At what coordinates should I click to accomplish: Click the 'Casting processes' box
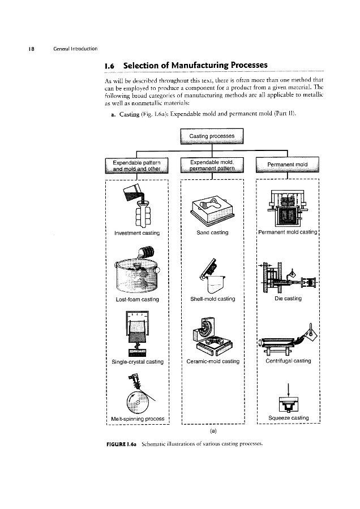click(x=211, y=138)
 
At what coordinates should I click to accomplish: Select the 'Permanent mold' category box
click(x=288, y=164)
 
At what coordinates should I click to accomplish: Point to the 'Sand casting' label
click(x=211, y=233)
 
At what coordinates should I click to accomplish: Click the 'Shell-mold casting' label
click(x=211, y=299)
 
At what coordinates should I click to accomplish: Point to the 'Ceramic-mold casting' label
click(x=211, y=361)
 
